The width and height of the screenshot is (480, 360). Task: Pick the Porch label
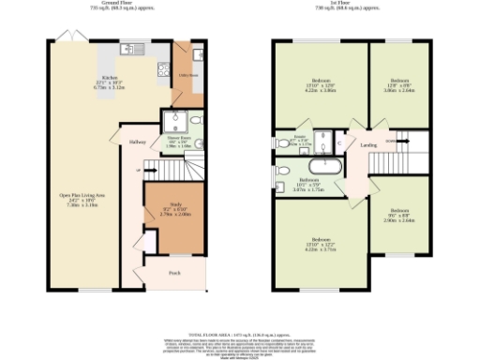[x=174, y=273]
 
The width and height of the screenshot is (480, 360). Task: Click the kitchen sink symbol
[x=137, y=48]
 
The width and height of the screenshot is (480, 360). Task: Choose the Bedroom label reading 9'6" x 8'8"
[x=400, y=215]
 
